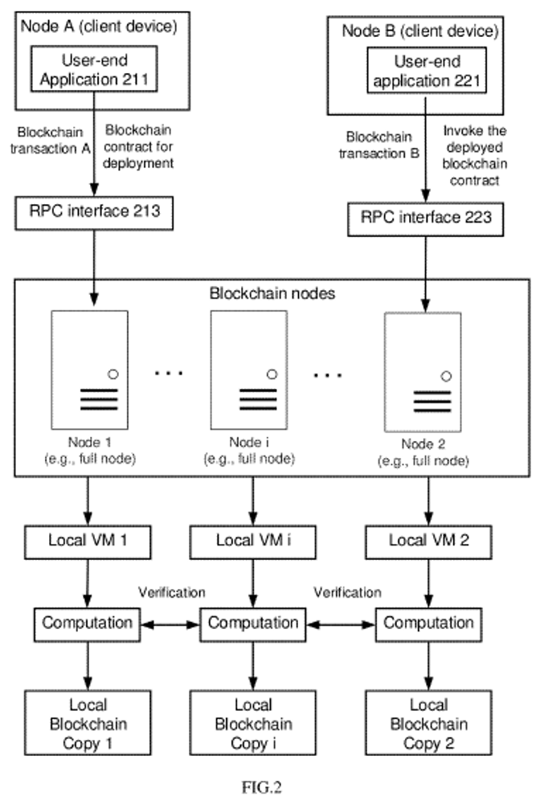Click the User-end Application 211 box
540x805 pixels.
96,70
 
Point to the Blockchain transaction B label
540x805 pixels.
380,146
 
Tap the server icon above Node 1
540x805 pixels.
88,369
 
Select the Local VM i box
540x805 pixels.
254,539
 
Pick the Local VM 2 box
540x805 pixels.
428,539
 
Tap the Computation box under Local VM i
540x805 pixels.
252,623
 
